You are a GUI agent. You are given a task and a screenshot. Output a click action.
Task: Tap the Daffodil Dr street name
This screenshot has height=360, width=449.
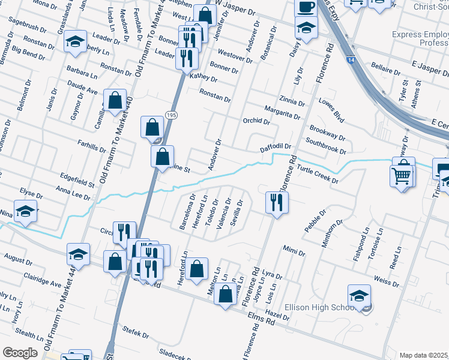point(275,146)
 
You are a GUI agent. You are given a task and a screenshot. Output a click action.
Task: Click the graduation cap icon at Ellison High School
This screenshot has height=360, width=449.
point(359,295)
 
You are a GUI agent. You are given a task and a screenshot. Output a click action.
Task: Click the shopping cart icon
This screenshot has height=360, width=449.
point(402,176)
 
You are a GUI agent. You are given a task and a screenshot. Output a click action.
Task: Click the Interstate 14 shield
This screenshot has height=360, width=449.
point(350,60)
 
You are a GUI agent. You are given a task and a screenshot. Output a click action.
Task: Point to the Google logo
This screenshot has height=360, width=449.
point(20,352)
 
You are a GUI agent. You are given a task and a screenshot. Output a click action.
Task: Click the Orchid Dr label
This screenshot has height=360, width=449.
point(256,121)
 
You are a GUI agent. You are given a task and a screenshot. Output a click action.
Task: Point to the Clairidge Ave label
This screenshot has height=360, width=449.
point(42,279)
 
